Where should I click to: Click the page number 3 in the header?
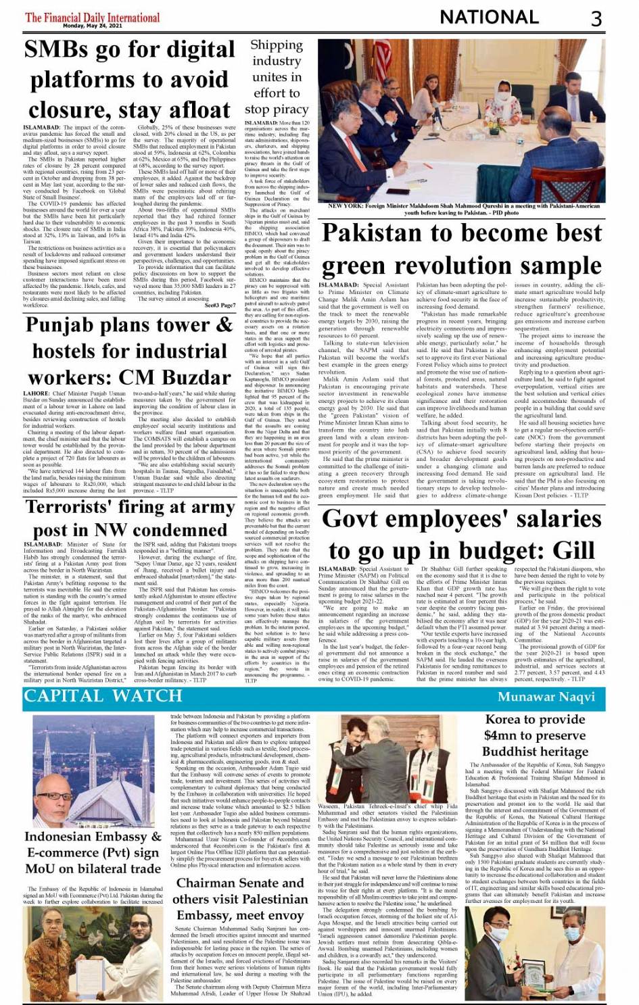pyautogui.click(x=596, y=18)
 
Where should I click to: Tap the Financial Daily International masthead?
pyautogui.click(x=92, y=17)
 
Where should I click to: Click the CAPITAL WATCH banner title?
pyautogui.click(x=103, y=696)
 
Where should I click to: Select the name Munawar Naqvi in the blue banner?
pyautogui.click(x=546, y=697)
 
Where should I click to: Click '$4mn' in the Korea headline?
pyautogui.click(x=500, y=735)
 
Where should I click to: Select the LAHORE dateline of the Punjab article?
pyautogui.click(x=37, y=393)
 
